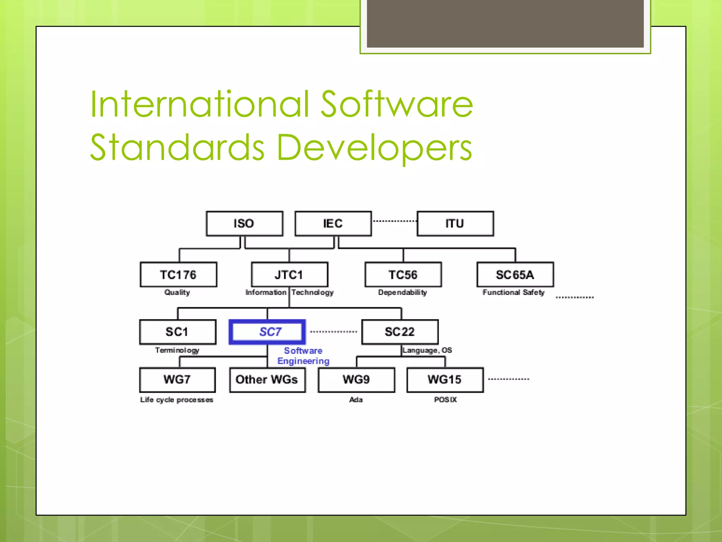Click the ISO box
pyautogui.click(x=244, y=223)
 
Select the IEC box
pyautogui.click(x=333, y=223)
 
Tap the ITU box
pyautogui.click(x=455, y=223)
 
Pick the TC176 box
pyautogui.click(x=178, y=275)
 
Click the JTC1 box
pyautogui.click(x=289, y=275)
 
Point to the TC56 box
pyautogui.click(x=403, y=275)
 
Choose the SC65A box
pyautogui.click(x=515, y=275)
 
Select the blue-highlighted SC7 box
pyautogui.click(x=268, y=332)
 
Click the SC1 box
pyautogui.click(x=178, y=332)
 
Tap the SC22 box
pyautogui.click(x=400, y=332)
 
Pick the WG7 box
pyautogui.click(x=177, y=380)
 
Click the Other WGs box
pyautogui.click(x=267, y=380)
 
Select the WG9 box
pyautogui.click(x=356, y=380)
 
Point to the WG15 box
pyautogui.click(x=445, y=380)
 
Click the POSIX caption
pyautogui.click(x=445, y=399)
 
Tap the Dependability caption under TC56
pyautogui.click(x=403, y=292)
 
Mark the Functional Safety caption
pyautogui.click(x=513, y=292)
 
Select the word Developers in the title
pyautogui.click(x=374, y=148)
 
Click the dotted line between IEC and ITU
pyautogui.click(x=394, y=221)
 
